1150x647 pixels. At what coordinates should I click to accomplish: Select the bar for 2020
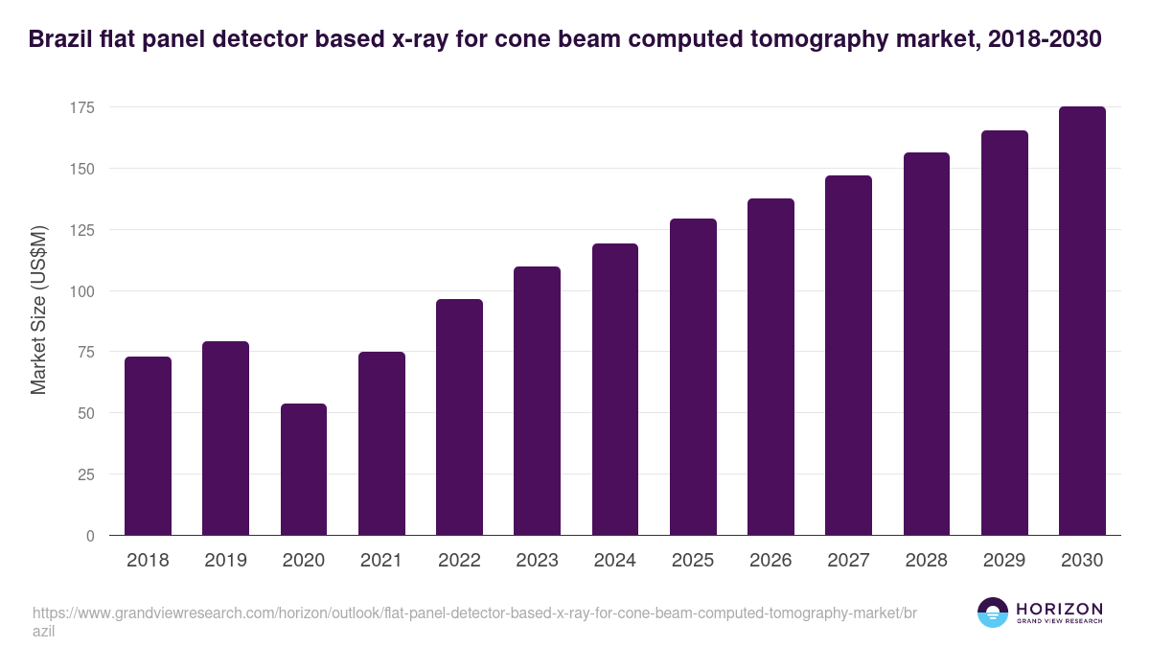[x=304, y=470]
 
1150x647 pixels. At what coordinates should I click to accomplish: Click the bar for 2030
[x=1082, y=321]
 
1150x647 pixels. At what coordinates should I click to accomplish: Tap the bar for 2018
[x=148, y=446]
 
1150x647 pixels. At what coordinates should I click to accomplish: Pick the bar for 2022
[x=459, y=417]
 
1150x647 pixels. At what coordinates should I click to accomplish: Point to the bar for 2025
[x=693, y=377]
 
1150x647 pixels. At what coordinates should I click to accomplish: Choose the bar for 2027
[x=848, y=356]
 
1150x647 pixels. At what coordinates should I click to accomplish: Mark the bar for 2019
[x=225, y=438]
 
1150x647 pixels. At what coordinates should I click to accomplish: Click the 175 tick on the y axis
[x=82, y=107]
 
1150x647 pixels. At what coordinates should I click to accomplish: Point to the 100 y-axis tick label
[x=82, y=291]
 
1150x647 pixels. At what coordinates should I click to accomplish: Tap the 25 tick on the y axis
[x=86, y=474]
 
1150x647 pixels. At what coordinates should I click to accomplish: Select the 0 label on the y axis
[x=90, y=536]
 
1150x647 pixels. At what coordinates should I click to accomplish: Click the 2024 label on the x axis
[x=614, y=561]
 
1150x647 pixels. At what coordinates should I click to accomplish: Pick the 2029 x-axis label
[x=1004, y=561]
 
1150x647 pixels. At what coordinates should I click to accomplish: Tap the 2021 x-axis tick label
[x=380, y=561]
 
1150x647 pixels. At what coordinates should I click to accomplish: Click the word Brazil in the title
[x=60, y=39]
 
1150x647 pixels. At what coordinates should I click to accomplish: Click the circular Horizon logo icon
[x=992, y=612]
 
